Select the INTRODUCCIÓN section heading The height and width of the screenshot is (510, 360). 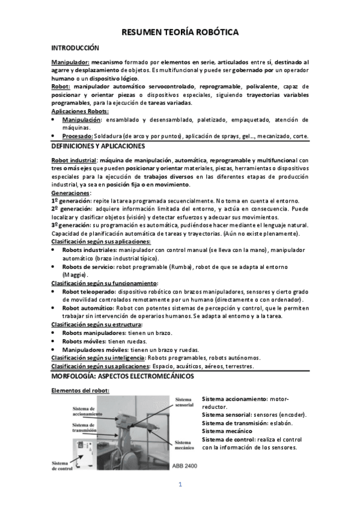point(75,48)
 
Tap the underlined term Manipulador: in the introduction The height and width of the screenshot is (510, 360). point(70,62)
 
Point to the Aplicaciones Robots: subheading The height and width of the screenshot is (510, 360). point(80,112)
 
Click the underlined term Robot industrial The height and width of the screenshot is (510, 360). point(75,161)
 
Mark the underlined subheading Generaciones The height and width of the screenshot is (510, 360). point(71,193)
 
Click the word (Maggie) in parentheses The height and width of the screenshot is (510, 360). point(75,274)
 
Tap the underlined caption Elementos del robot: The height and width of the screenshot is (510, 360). point(80,390)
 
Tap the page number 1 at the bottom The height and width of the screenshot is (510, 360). point(180,485)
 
